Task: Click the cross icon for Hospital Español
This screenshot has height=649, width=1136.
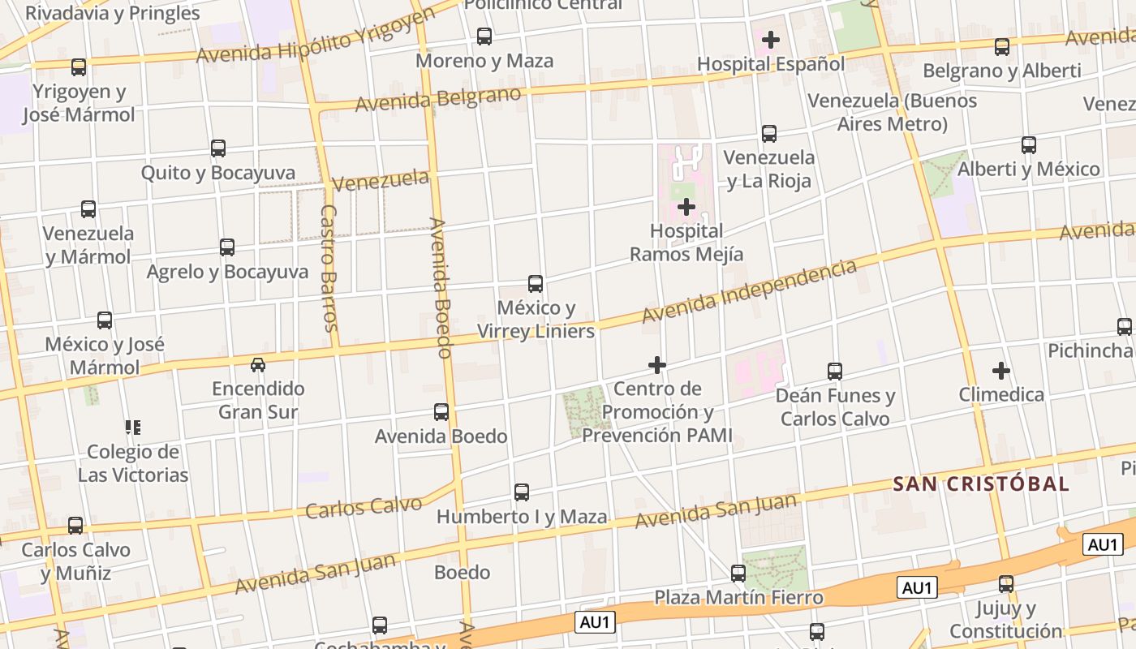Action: pos(770,39)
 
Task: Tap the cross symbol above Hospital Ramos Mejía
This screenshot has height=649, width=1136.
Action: pos(686,207)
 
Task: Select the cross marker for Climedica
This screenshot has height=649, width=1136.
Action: pos(1001,371)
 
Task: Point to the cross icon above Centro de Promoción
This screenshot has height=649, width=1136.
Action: pos(657,365)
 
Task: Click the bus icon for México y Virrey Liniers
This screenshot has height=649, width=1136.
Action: pos(536,284)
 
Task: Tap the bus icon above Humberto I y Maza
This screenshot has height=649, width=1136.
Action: pos(522,492)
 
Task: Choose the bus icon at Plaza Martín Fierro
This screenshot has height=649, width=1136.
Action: pos(738,574)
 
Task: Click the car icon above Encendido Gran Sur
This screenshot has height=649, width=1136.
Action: pos(258,365)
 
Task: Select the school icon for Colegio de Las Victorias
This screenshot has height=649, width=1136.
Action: pos(132,427)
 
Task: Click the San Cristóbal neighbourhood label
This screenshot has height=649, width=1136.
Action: pos(981,484)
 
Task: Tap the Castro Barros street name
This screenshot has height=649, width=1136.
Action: pos(329,268)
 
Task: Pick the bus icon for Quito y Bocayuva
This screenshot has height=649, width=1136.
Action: pos(218,148)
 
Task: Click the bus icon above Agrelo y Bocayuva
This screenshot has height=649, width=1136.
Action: pos(227,247)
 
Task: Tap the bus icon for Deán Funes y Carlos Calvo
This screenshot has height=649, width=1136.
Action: pos(835,372)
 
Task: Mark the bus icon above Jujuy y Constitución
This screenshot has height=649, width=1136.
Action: pos(1006,584)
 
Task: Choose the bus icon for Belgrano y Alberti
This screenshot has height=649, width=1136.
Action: pos(1002,47)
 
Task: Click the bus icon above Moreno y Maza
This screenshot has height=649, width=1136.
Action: pos(484,37)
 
